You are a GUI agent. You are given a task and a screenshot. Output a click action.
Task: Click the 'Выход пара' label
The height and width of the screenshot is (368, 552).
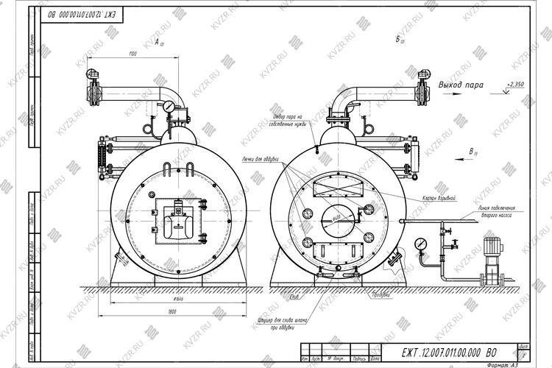(x=461, y=85)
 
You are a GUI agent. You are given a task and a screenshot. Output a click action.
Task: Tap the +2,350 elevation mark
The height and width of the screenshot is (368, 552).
(x=514, y=85)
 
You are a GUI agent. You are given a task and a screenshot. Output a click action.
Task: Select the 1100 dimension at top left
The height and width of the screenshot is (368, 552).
(x=132, y=54)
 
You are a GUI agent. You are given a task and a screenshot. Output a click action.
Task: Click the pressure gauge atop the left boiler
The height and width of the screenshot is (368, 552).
(x=170, y=107)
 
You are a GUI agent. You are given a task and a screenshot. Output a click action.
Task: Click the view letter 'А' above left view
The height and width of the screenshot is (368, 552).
(x=157, y=44)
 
